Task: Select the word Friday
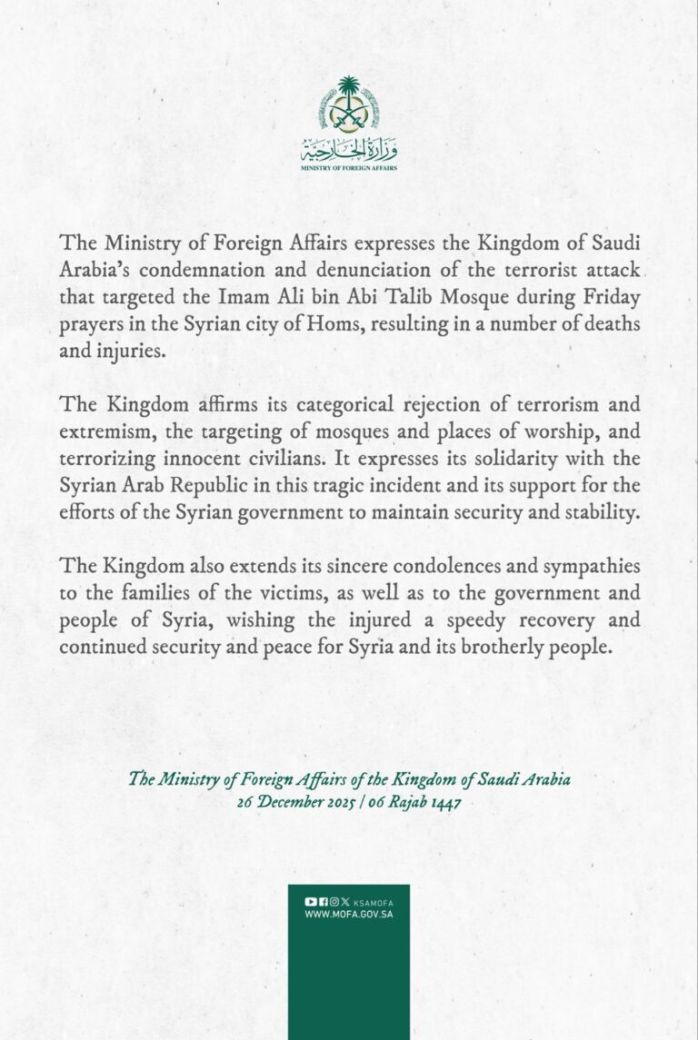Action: tap(614, 297)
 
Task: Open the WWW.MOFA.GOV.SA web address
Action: tap(349, 914)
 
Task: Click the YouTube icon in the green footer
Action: tap(311, 901)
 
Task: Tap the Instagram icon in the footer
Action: tap(334, 901)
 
